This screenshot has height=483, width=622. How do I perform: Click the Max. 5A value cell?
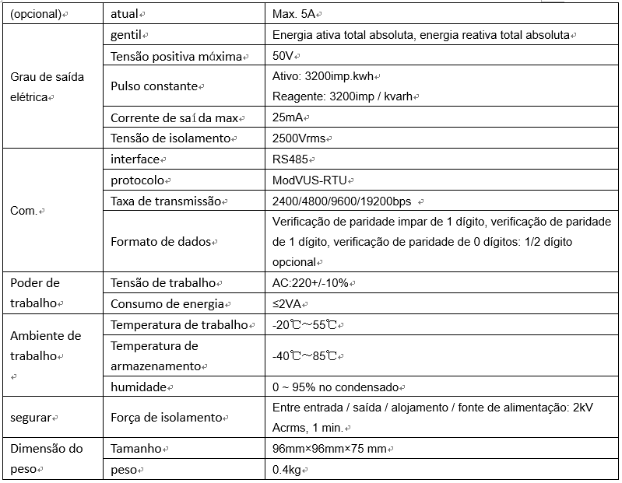coord(296,15)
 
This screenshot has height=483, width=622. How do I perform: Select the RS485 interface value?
coord(290,159)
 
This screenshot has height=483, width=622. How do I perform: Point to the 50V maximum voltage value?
coord(283,57)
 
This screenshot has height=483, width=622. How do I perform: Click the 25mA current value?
coord(290,117)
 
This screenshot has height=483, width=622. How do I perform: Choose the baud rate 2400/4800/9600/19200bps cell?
coord(343,201)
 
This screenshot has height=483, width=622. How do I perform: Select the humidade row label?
coord(139,387)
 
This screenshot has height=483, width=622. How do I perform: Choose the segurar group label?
coord(31,418)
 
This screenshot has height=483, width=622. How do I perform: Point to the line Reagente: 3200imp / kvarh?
coord(345,96)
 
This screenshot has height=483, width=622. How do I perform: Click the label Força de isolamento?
coord(167,418)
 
